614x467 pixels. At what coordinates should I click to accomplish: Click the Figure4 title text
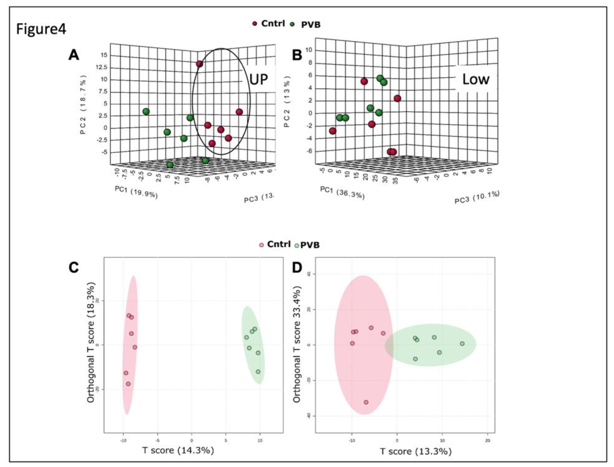coord(41,29)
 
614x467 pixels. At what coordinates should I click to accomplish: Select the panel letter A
coord(74,55)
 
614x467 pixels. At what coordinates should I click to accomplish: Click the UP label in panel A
coord(258,79)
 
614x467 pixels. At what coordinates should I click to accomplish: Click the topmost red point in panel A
coord(199,64)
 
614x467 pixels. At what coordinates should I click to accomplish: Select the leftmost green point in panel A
coord(146,111)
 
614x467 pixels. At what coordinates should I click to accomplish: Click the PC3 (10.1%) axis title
coord(477,197)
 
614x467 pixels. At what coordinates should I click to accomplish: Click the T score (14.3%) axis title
coord(178,450)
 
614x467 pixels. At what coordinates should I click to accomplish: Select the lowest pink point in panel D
coord(366,402)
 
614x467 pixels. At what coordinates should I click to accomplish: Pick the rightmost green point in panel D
coord(462,344)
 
